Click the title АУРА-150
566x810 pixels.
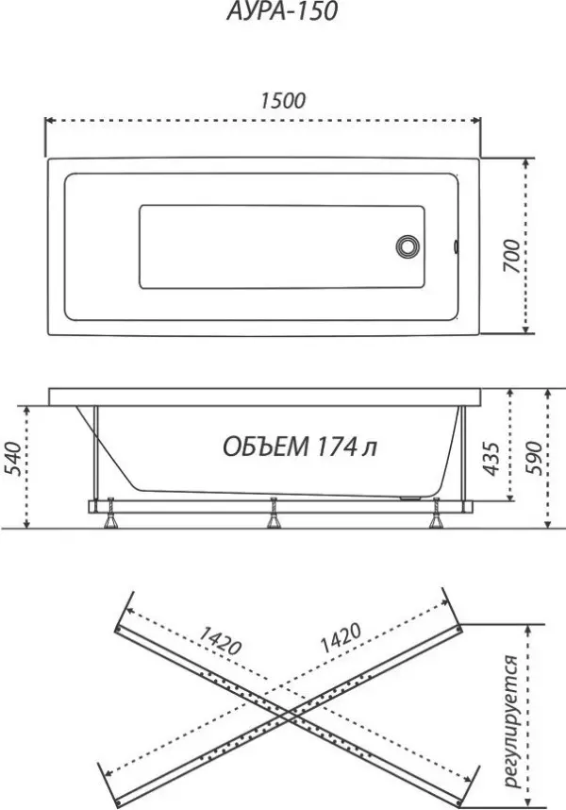(x=282, y=11)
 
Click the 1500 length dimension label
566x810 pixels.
(x=283, y=101)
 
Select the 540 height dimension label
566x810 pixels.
(x=13, y=459)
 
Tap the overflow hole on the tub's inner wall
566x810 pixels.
(x=457, y=246)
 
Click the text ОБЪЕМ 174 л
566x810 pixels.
(x=300, y=447)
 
